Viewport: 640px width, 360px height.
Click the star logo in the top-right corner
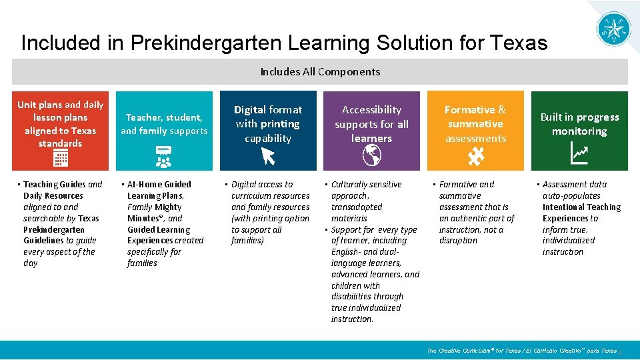(613, 28)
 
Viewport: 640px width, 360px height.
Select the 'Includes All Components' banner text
(320, 71)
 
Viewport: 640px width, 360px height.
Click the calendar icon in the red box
(61, 159)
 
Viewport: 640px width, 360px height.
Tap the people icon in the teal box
(164, 158)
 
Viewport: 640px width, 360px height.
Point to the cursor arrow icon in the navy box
(268, 156)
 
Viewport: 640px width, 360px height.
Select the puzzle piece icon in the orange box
(476, 156)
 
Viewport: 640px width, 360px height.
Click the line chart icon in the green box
(579, 155)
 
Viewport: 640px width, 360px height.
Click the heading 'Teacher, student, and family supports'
(164, 124)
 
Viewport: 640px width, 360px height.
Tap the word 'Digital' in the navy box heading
(250, 109)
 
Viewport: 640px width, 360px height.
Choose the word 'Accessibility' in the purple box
(371, 109)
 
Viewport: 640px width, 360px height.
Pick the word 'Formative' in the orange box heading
(469, 109)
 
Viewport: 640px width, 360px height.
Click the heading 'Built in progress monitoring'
(579, 124)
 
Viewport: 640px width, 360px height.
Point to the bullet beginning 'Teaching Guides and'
(63, 185)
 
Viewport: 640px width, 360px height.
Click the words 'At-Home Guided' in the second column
(159, 185)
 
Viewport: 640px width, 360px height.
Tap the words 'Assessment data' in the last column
(575, 185)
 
